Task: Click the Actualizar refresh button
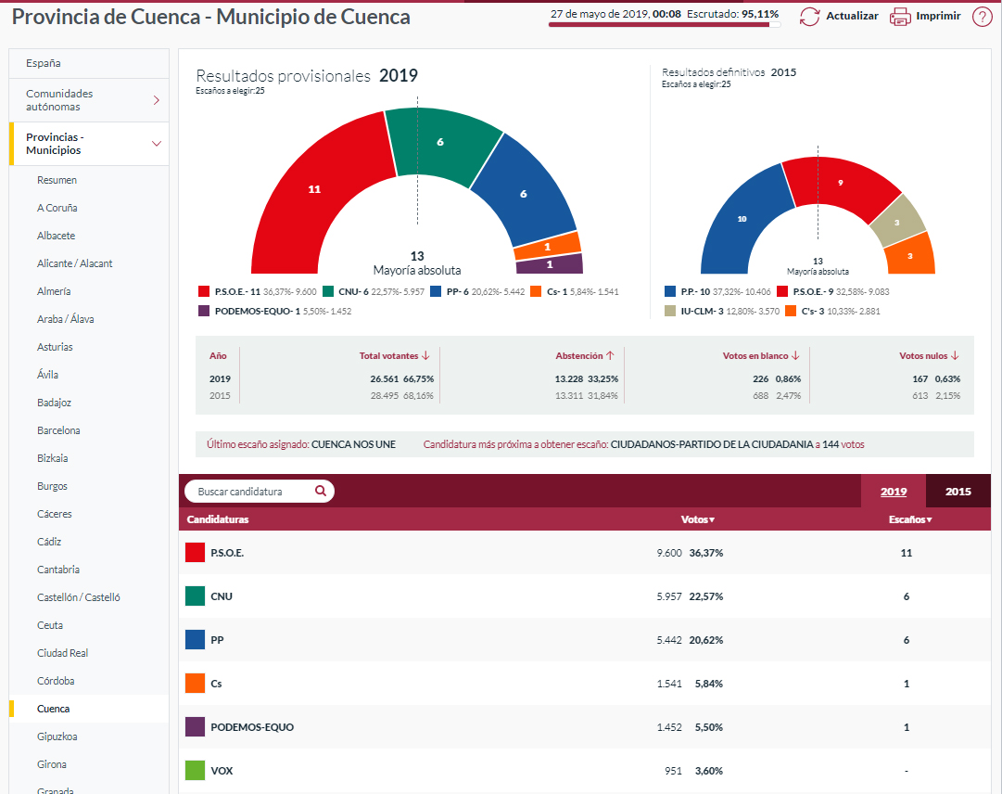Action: click(838, 16)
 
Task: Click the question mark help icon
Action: click(982, 16)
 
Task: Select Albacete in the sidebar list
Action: click(56, 236)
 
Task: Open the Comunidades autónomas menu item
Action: click(89, 100)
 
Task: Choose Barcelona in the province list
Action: click(58, 430)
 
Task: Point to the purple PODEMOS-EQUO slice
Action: click(549, 264)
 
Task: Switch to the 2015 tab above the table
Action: click(958, 492)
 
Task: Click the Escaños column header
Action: click(909, 519)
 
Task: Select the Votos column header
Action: click(697, 519)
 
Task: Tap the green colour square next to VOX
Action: click(195, 771)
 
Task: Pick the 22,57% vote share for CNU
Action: click(705, 596)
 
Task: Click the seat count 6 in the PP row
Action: click(906, 640)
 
